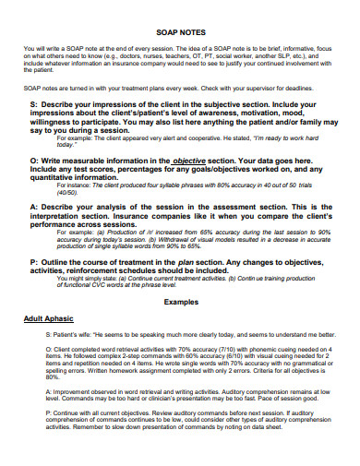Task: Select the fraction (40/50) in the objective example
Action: [65, 192]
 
